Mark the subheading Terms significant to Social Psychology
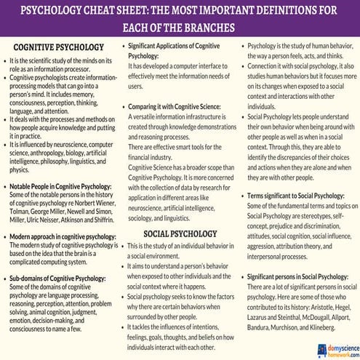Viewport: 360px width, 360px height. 300,196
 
